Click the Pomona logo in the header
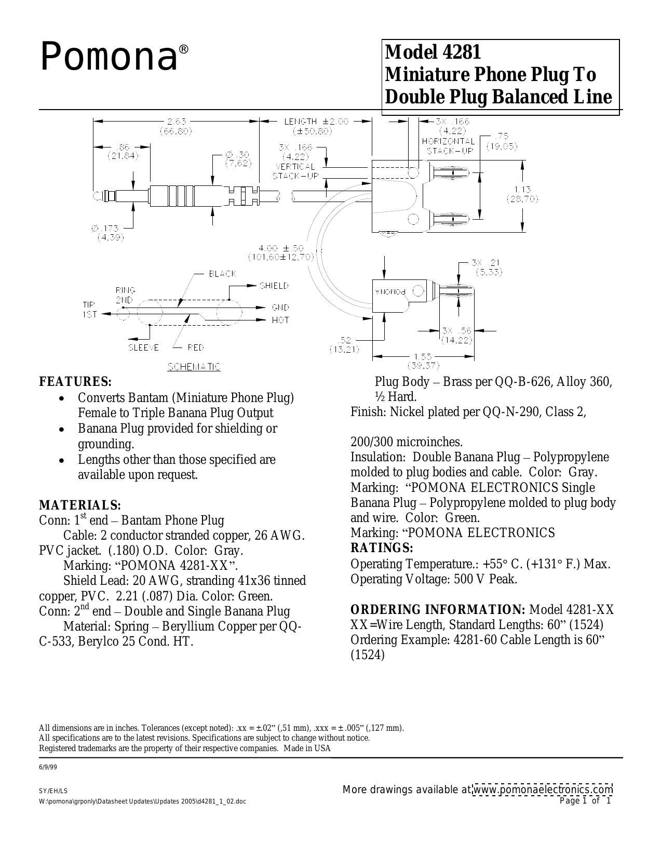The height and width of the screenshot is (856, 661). point(115,58)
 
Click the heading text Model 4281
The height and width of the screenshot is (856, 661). point(433,52)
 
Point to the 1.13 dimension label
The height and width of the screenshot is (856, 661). point(522,190)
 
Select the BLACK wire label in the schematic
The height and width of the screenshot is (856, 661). point(222,274)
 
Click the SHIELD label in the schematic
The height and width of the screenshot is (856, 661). point(274,286)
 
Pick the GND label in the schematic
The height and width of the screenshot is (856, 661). point(280,307)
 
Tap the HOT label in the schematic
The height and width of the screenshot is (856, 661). point(280,320)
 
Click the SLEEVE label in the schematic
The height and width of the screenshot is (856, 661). point(144,347)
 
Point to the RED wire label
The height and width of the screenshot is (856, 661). point(195,347)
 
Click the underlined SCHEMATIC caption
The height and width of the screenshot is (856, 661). point(194,367)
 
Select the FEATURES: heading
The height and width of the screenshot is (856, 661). point(76,382)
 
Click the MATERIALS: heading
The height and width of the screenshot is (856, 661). point(80,505)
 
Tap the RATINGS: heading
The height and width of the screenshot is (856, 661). point(382,548)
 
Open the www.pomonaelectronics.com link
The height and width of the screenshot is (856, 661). point(543,790)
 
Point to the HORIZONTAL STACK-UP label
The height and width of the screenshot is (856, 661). point(449,146)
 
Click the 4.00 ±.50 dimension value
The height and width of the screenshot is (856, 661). point(281,248)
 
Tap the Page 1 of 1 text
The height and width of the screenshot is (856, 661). point(585,801)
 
